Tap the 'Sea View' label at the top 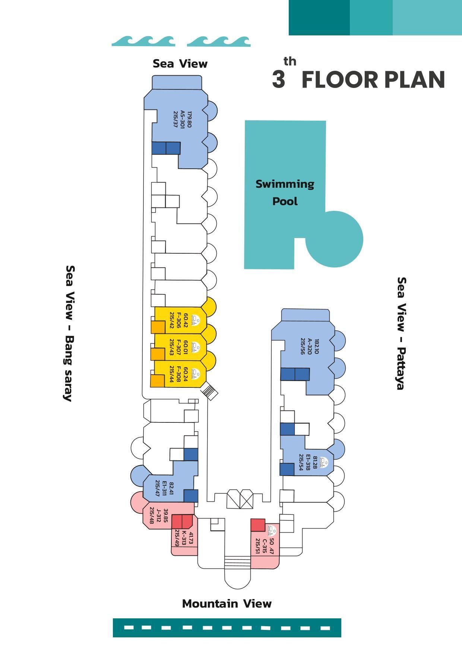[x=180, y=64]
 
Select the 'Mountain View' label [x=227, y=604]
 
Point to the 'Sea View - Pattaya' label [x=401, y=333]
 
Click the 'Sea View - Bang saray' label [x=69, y=333]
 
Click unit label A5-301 [x=183, y=119]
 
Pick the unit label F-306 [x=178, y=320]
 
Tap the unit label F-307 [x=178, y=347]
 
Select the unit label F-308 [x=178, y=374]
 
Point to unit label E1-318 [x=308, y=462]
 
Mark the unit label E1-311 [x=164, y=489]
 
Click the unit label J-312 [x=159, y=516]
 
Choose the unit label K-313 [x=184, y=538]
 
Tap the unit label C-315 [x=265, y=546]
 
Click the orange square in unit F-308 [x=157, y=381]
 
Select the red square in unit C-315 [x=257, y=525]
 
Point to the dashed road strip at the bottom [x=227, y=628]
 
